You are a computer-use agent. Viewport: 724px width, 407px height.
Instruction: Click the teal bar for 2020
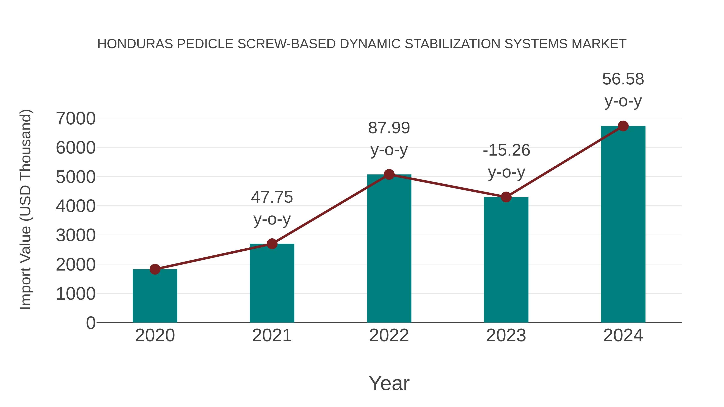click(x=155, y=296)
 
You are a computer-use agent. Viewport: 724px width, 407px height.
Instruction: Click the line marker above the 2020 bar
click(x=155, y=269)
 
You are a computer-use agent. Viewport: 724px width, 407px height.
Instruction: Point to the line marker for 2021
click(x=272, y=244)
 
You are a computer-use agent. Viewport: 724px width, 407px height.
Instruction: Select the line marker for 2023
click(x=506, y=197)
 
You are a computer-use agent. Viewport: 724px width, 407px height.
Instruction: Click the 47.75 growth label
click(x=272, y=197)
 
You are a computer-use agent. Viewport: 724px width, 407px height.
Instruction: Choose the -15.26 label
click(x=506, y=150)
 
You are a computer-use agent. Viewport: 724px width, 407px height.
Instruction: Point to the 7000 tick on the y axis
click(x=76, y=119)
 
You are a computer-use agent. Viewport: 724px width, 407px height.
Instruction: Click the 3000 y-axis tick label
click(x=76, y=235)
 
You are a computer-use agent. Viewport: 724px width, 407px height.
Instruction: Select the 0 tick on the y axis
click(x=90, y=323)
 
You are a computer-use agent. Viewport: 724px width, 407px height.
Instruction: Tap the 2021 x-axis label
click(x=272, y=335)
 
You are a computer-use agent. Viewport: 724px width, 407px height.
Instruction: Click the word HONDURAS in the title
click(x=135, y=44)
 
